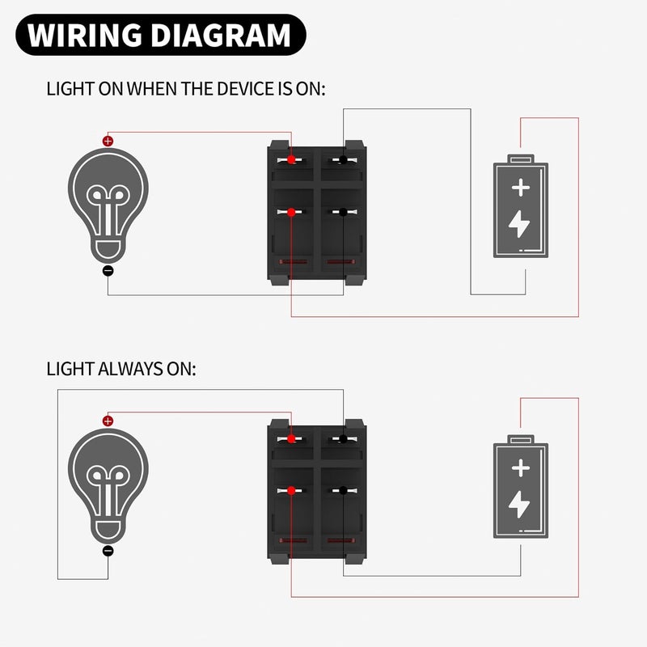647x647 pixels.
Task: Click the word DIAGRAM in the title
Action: coord(221,36)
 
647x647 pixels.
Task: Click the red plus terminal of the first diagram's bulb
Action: coord(108,141)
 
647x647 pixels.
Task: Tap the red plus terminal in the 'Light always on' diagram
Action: coord(108,421)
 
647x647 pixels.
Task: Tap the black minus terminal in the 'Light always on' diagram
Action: coord(108,551)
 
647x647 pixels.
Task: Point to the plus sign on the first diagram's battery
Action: coord(521,189)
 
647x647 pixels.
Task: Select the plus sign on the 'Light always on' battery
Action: coord(521,468)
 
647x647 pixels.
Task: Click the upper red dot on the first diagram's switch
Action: coord(290,159)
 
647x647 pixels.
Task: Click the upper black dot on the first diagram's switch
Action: coord(344,159)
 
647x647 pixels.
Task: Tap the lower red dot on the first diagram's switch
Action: coord(290,212)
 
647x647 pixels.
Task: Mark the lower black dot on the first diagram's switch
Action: coord(344,212)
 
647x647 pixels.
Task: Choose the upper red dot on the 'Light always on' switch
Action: coord(290,439)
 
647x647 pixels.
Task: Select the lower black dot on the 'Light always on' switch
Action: coord(344,491)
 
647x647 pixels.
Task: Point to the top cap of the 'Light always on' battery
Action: coord(521,439)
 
